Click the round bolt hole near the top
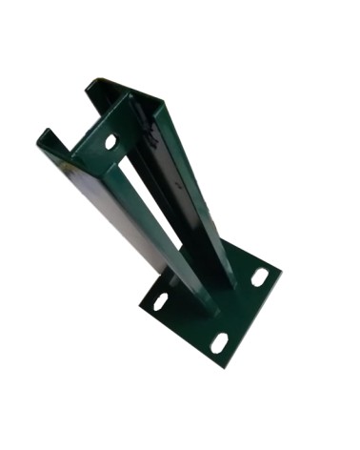point(110,141)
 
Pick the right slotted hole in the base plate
point(259,277)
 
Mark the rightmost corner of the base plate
point(282,273)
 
